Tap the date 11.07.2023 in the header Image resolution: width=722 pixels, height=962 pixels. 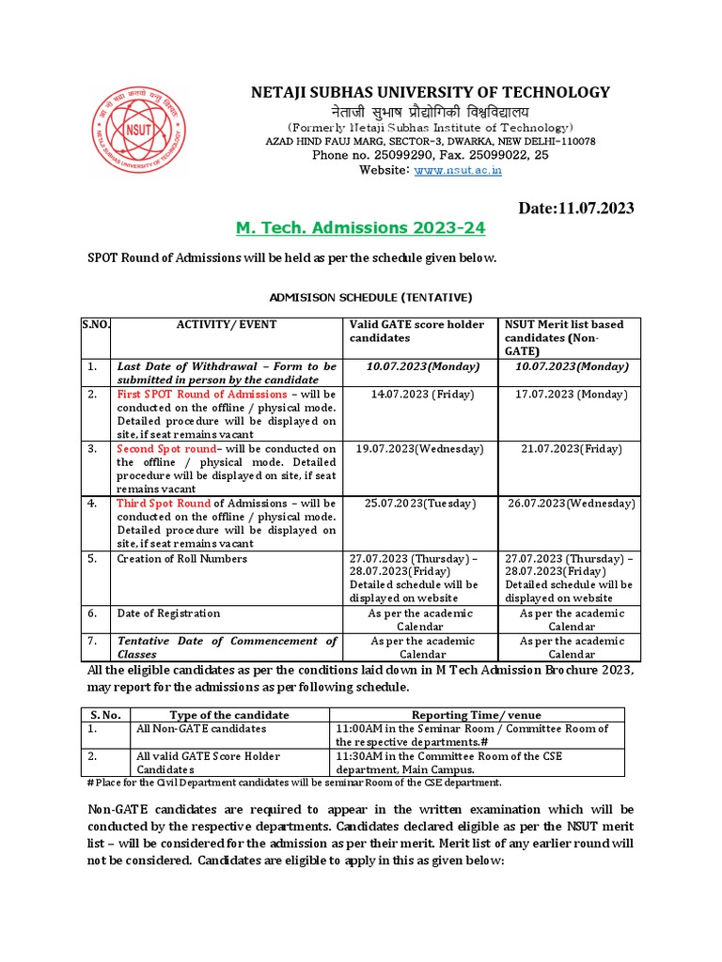[576, 208]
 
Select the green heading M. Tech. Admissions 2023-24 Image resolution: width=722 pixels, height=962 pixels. [359, 228]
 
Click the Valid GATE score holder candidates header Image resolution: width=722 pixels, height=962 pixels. [417, 331]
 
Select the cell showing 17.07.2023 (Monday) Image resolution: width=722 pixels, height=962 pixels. [571, 395]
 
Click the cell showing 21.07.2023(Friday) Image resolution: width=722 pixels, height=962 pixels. [571, 449]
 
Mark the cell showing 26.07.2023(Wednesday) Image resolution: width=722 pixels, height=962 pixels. [571, 504]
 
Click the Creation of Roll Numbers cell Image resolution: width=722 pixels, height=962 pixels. [182, 559]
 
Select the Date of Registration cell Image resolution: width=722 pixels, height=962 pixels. [168, 613]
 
